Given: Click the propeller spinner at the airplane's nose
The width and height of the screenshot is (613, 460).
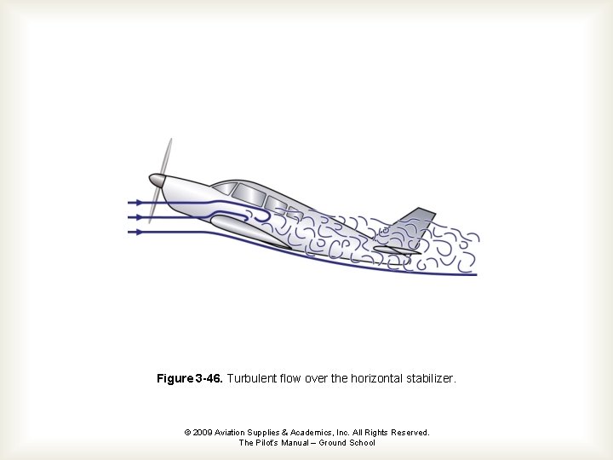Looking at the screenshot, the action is [x=157, y=180].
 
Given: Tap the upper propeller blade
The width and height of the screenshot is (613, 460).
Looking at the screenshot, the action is [x=166, y=158].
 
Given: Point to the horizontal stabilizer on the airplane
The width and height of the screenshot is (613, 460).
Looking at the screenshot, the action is [x=395, y=250].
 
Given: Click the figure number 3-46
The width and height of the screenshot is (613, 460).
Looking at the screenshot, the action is [x=209, y=377].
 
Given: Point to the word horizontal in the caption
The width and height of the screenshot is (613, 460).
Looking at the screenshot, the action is [x=371, y=377].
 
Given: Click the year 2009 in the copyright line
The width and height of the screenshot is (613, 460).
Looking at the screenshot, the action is [x=203, y=433].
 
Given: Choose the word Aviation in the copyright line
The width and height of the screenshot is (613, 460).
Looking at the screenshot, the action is [x=232, y=433].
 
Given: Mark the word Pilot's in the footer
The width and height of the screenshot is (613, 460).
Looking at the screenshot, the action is [x=272, y=443].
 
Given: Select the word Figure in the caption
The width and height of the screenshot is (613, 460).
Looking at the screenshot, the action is [x=175, y=377].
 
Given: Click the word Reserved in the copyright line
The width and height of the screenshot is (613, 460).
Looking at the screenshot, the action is [x=410, y=433].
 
